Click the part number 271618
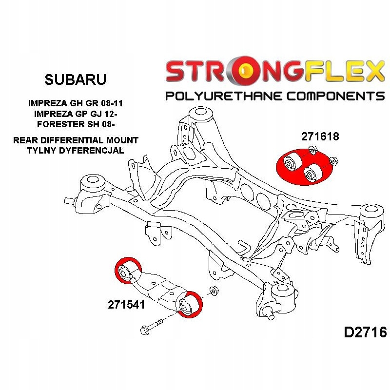click(320, 137)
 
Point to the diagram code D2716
click(365, 332)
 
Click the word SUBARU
click(75, 79)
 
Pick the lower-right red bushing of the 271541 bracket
click(188, 304)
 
